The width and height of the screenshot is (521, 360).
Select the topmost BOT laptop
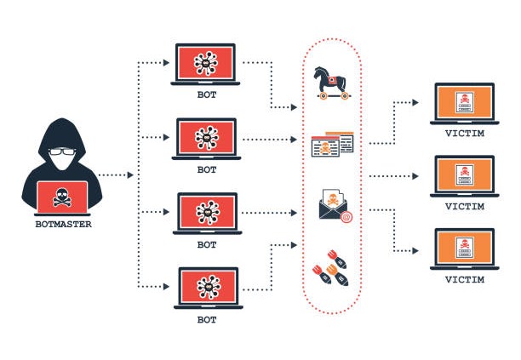coord(206,63)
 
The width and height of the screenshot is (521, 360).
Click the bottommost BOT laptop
coord(207,289)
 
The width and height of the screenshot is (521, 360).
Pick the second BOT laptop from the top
coord(206,138)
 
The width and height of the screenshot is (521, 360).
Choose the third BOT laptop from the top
coord(206,213)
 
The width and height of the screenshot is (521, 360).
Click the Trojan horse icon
coord(333,83)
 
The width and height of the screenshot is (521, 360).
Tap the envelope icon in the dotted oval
coord(332,203)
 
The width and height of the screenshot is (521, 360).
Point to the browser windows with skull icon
coord(332,145)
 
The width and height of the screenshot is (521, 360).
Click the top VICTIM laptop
coord(465,103)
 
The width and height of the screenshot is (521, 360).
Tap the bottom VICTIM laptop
coord(465,249)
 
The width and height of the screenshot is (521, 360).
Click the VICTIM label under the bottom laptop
coord(465,279)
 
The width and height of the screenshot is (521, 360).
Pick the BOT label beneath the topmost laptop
coord(207,94)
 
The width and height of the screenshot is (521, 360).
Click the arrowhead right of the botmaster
coord(130,174)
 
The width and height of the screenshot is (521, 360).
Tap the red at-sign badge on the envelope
coord(346,216)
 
